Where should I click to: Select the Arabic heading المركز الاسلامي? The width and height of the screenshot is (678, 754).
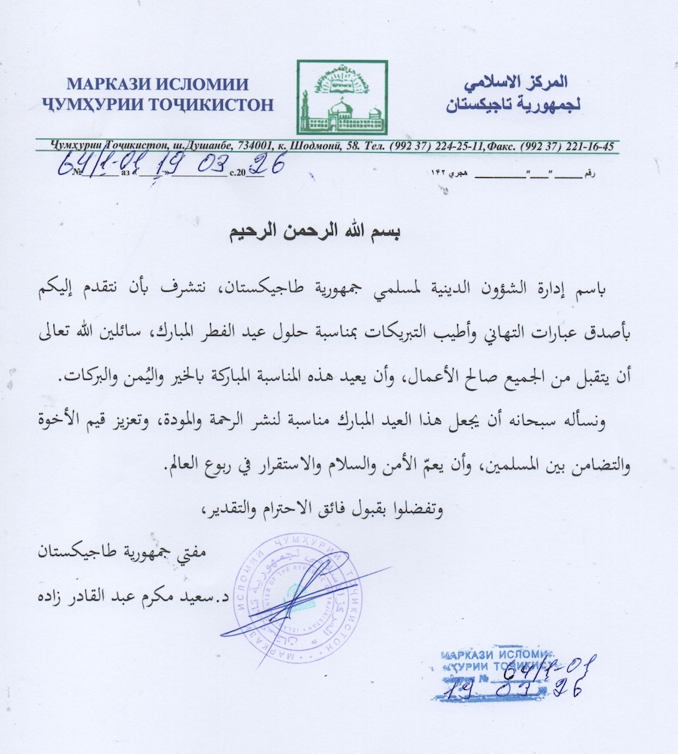[x=518, y=81]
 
